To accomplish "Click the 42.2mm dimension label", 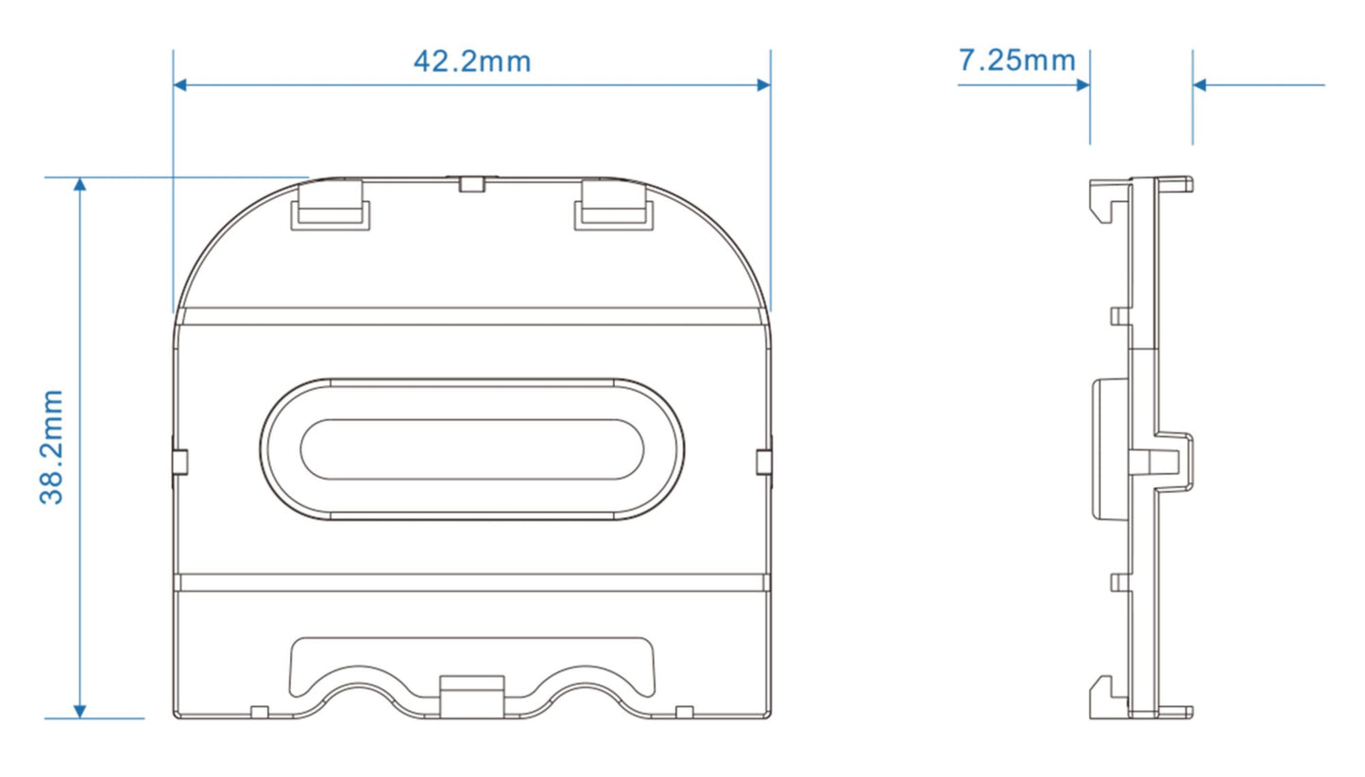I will pos(471,61).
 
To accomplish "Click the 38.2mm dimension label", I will pos(52,446).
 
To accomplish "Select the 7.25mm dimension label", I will pos(1016,60).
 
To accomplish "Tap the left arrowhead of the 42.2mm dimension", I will pos(180,85).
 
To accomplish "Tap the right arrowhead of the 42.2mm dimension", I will pos(763,85).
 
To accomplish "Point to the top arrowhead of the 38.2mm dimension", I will pos(80,184).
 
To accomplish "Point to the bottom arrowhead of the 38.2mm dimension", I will pos(80,711).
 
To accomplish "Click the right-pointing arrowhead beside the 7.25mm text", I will pos(1083,85).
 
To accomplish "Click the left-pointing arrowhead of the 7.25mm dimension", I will pos(1201,85).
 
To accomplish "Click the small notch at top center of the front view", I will pos(471,183).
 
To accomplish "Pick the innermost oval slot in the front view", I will pos(471,448).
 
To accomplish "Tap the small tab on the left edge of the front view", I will pos(179,461).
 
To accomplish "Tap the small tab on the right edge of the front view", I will pos(764,461).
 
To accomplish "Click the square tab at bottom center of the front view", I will pos(471,696).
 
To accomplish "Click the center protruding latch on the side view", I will pos(1171,460).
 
